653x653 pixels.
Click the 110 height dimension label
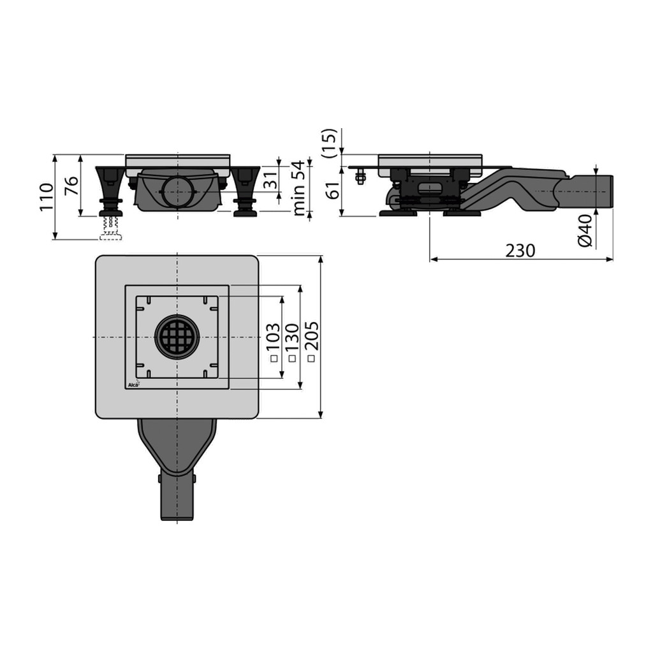[x=47, y=197]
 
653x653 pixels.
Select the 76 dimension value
[x=71, y=186]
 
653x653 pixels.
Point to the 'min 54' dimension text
[x=299, y=188]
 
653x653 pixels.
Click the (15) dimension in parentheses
[x=329, y=143]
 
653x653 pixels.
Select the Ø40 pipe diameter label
[x=585, y=231]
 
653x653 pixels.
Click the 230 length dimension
[x=520, y=251]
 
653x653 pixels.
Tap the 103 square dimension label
[x=273, y=337]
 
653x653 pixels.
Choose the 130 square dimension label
[x=292, y=337]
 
